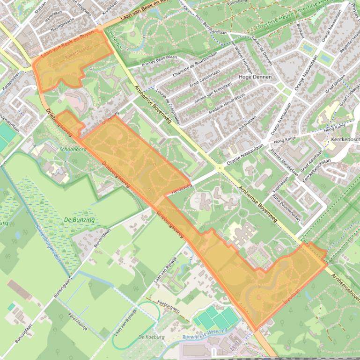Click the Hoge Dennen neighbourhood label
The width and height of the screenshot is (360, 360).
255,77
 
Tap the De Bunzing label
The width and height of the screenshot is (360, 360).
79,220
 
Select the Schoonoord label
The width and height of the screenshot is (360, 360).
73,150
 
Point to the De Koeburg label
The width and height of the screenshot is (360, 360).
151,337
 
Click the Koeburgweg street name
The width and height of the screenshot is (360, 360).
169,306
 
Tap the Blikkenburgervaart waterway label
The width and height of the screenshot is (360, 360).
48,243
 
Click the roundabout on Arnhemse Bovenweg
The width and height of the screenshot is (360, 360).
220,167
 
